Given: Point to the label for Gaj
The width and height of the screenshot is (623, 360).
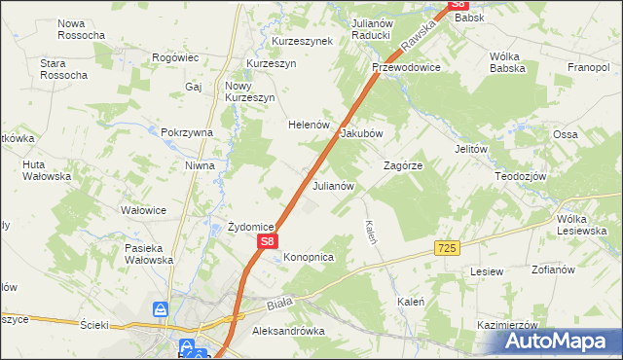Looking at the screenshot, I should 193,87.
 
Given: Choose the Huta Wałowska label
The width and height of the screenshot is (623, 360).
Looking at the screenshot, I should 47,171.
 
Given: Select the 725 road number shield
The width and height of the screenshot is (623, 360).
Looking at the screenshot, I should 447,249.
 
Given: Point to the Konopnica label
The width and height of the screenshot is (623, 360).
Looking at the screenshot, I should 310,257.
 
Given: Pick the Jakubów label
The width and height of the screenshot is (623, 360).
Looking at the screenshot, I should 362,133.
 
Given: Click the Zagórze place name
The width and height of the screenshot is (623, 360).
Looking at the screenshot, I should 403,165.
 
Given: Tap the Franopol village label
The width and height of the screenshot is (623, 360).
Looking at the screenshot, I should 587,68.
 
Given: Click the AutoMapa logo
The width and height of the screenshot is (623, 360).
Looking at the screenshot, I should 560,341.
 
